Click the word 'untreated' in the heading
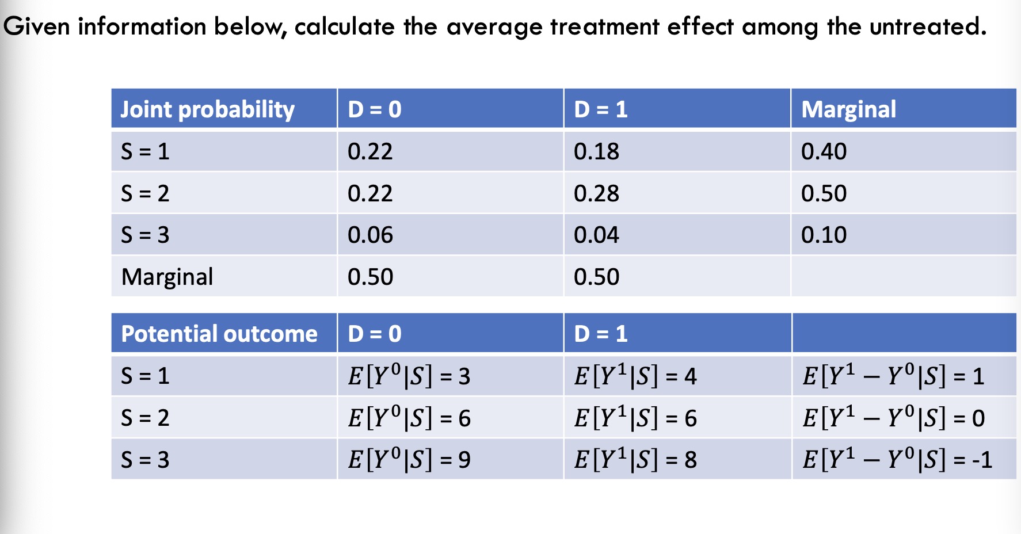(927, 26)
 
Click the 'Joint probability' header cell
(207, 109)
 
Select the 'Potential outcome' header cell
(219, 334)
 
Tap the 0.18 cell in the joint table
(596, 151)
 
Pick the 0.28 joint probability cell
(596, 193)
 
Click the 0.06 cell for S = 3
(370, 235)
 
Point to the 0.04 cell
(596, 235)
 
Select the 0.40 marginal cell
(824, 151)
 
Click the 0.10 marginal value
(824, 235)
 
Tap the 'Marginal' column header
(848, 109)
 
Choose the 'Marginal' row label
(167, 277)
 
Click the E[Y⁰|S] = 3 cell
(409, 376)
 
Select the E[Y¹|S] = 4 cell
(635, 376)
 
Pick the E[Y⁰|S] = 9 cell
(409, 460)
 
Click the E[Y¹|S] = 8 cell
(635, 460)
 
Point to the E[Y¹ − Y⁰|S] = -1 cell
(897, 460)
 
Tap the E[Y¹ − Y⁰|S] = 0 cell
(893, 418)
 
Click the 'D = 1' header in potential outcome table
(600, 334)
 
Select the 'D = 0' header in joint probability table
(374, 109)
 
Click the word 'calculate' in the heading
(344, 26)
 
